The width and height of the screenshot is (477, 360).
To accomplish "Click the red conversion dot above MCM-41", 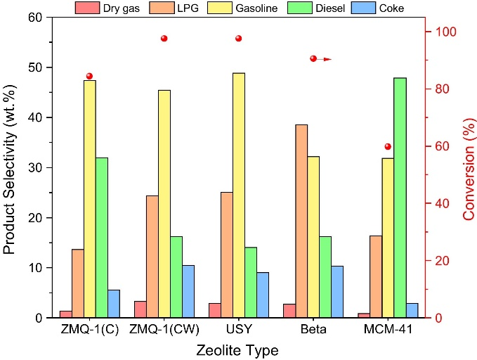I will tap(388, 146).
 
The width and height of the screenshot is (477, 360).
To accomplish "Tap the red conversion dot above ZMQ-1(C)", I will tap(89, 76).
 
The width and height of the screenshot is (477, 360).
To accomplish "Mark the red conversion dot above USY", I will tap(238, 38).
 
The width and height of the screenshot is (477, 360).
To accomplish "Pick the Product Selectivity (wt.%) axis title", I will tap(10, 167).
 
